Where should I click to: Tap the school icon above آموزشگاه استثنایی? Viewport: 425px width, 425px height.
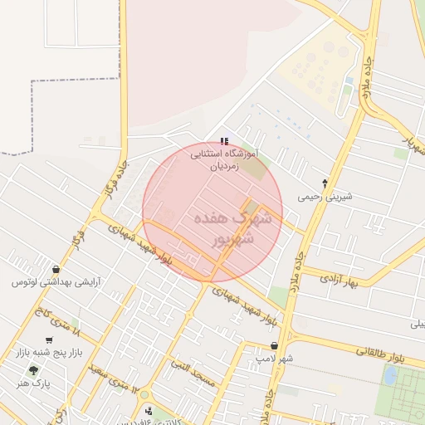pos(224,142)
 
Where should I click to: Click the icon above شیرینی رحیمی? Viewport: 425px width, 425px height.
pos(325,183)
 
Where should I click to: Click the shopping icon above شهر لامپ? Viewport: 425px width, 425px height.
pos(274,345)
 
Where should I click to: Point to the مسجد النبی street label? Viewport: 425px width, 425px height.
pos(193,374)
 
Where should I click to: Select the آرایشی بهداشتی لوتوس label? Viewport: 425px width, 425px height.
pos(55,282)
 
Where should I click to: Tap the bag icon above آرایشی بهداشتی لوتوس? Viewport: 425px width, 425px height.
pos(55,269)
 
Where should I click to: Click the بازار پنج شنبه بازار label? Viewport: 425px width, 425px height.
pos(48,353)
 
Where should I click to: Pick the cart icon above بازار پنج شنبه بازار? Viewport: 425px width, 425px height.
pos(49,340)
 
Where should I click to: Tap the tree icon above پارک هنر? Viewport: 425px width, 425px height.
pos(33,370)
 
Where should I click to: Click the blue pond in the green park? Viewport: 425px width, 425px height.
pos(389,375)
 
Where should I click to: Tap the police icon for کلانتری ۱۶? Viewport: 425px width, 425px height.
pos(149,410)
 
